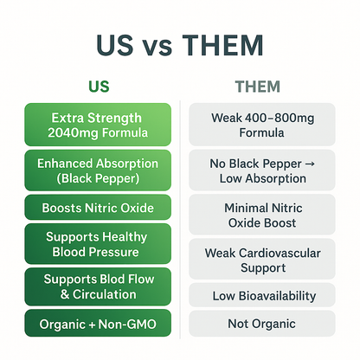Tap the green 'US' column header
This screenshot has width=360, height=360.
pyautogui.click(x=99, y=87)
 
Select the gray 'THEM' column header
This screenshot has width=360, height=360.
pyautogui.click(x=260, y=87)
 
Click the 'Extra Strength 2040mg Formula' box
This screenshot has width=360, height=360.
pyautogui.click(x=99, y=125)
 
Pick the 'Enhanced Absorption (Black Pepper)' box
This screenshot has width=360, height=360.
pyautogui.click(x=99, y=170)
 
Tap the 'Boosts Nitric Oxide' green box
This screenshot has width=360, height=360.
pyautogui.click(x=99, y=208)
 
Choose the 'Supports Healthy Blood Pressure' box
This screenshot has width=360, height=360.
pyautogui.click(x=99, y=244)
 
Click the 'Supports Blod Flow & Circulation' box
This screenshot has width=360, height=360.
pyautogui.click(x=99, y=287)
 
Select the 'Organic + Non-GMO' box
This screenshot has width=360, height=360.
pyautogui.click(x=99, y=326)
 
